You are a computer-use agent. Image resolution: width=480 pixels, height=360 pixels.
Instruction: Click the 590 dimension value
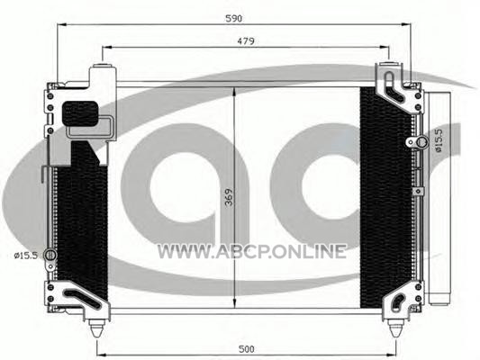[233, 18]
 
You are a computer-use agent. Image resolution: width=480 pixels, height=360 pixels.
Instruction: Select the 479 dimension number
[246, 41]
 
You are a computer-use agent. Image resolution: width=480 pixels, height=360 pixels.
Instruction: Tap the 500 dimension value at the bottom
[246, 349]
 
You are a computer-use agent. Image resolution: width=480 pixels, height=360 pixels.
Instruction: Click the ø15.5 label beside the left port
[26, 255]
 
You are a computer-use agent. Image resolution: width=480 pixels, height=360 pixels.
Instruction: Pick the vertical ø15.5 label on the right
[439, 140]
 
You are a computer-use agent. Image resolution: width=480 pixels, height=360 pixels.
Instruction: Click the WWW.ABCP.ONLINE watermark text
[251, 251]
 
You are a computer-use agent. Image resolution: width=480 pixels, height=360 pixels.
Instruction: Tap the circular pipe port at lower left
[50, 255]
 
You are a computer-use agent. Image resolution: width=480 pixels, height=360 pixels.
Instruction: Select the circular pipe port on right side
[421, 142]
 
